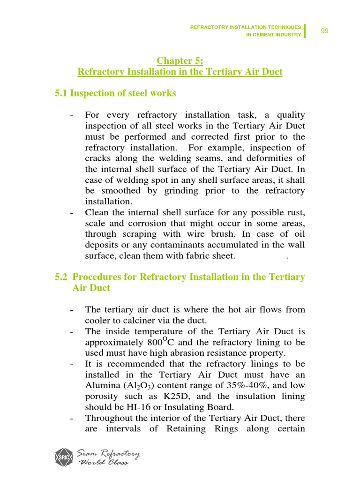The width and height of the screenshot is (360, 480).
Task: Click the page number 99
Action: [324, 31]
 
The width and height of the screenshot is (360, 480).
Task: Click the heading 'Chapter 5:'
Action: [180, 60]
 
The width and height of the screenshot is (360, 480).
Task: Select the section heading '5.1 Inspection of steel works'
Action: [115, 93]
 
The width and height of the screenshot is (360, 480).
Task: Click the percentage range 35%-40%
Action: [249, 385]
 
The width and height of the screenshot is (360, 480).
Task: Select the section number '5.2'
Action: [62, 277]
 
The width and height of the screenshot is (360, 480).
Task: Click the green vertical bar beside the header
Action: [305, 31]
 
